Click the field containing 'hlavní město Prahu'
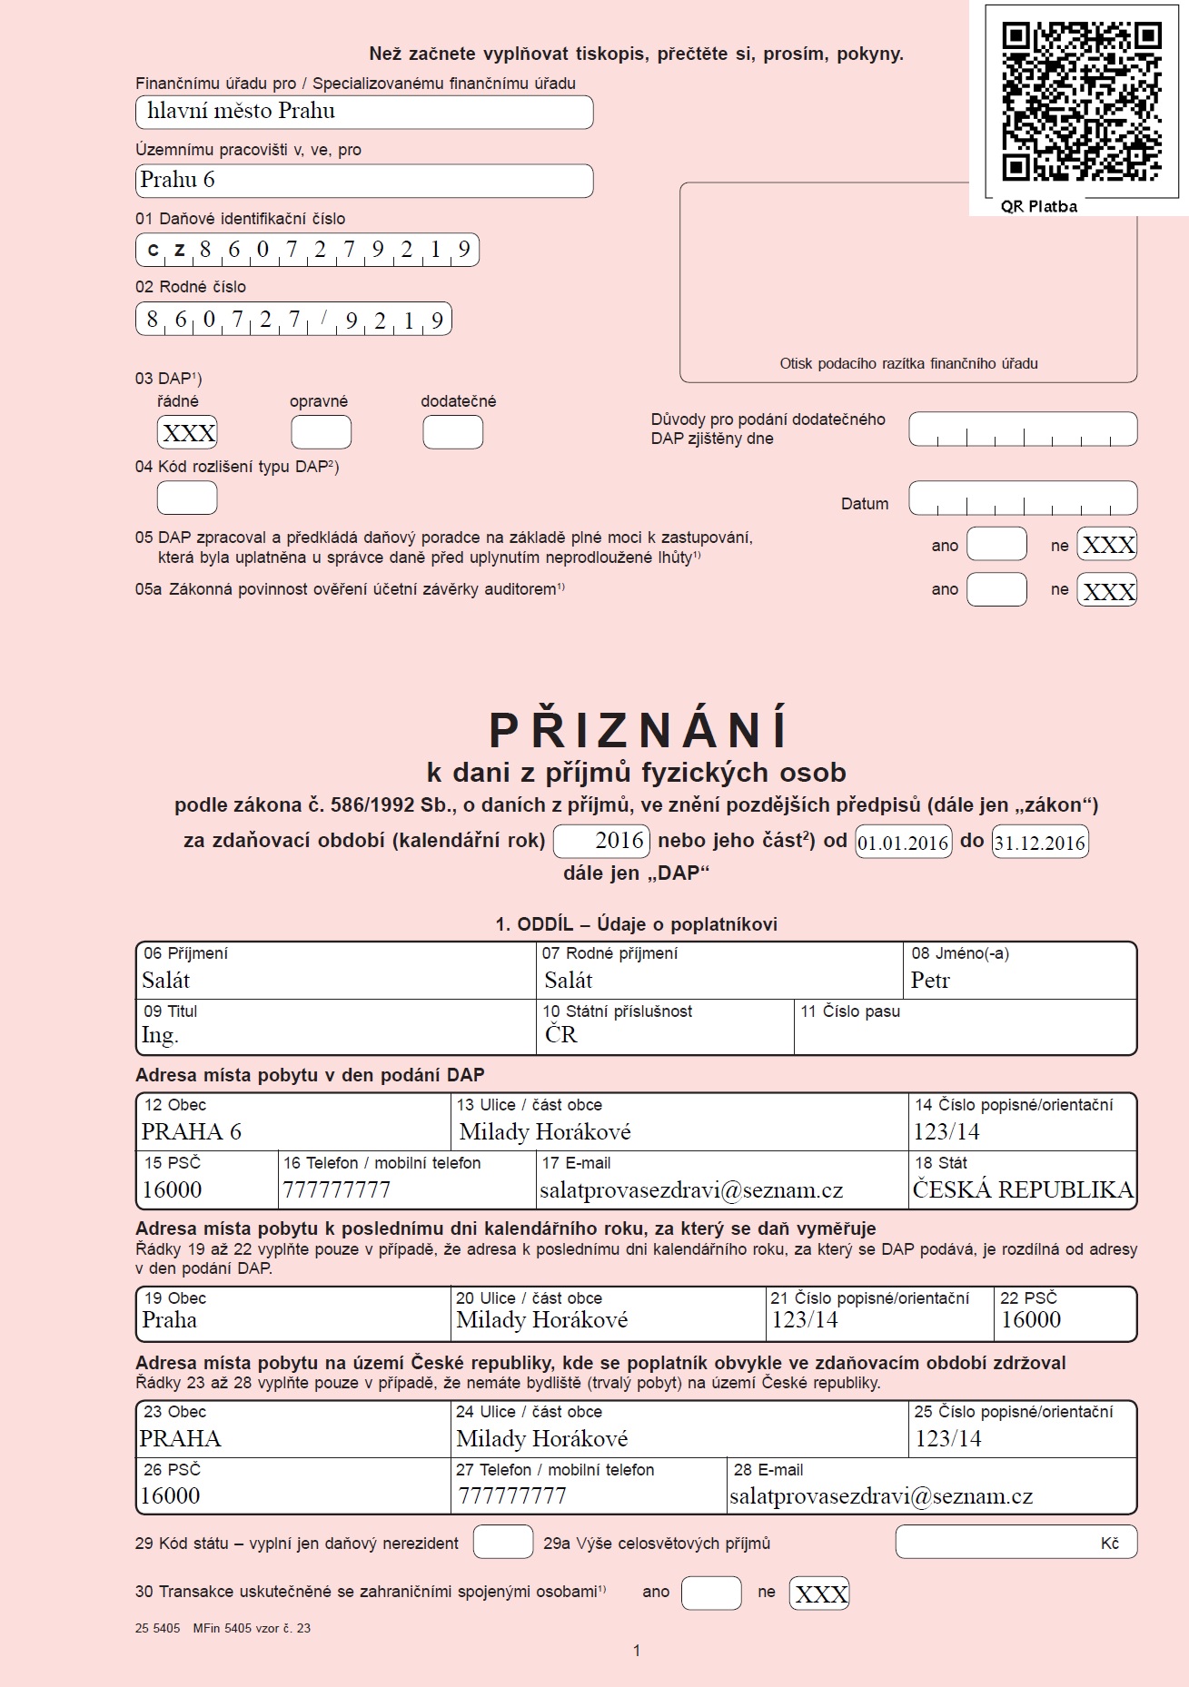coord(363,112)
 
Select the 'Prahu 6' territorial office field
coord(363,180)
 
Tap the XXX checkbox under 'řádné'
coord(188,433)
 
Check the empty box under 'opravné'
coord(321,433)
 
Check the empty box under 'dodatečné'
coord(452,433)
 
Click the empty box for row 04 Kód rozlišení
coord(187,498)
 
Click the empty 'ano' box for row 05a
coord(996,589)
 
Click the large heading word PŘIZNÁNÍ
coord(639,729)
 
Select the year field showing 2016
coord(602,841)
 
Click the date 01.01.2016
coord(903,843)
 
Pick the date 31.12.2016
coord(1039,843)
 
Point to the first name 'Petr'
coord(930,981)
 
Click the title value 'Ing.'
coord(160,1035)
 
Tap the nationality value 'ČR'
coord(560,1035)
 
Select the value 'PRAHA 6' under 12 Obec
coord(191,1132)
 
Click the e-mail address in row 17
coord(691,1190)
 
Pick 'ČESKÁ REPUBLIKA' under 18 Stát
coord(1023,1190)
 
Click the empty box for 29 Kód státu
coord(503,1543)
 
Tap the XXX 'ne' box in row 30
coord(819,1593)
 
